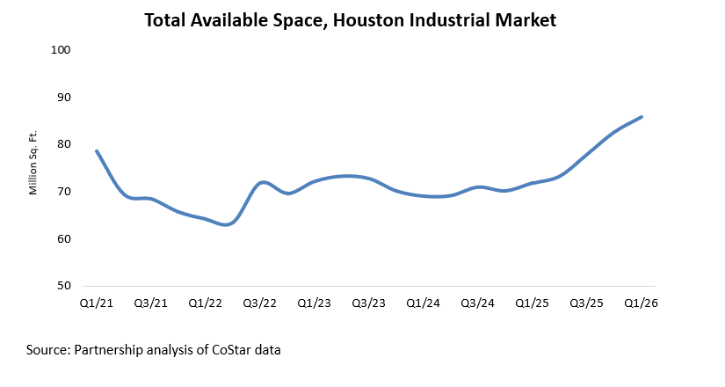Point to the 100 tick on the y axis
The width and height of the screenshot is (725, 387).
pos(61,49)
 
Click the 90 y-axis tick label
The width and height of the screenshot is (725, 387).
pos(63,97)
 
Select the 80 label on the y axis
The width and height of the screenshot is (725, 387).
pos(63,144)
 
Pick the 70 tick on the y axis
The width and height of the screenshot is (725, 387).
pos(63,192)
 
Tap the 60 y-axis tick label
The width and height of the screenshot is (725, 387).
pos(63,238)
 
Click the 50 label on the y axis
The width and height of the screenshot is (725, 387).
pos(63,286)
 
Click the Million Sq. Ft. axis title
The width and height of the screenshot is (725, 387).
pos(33,168)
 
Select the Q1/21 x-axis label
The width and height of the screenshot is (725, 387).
pos(96,303)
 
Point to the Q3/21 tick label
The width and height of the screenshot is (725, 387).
pos(150,303)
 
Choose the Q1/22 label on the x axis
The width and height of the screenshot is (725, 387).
pos(205,303)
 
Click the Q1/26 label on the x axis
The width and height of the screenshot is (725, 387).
pos(641,303)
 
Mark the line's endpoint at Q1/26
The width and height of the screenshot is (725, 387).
pos(642,117)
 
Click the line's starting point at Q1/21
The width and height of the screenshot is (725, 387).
pos(96,151)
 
